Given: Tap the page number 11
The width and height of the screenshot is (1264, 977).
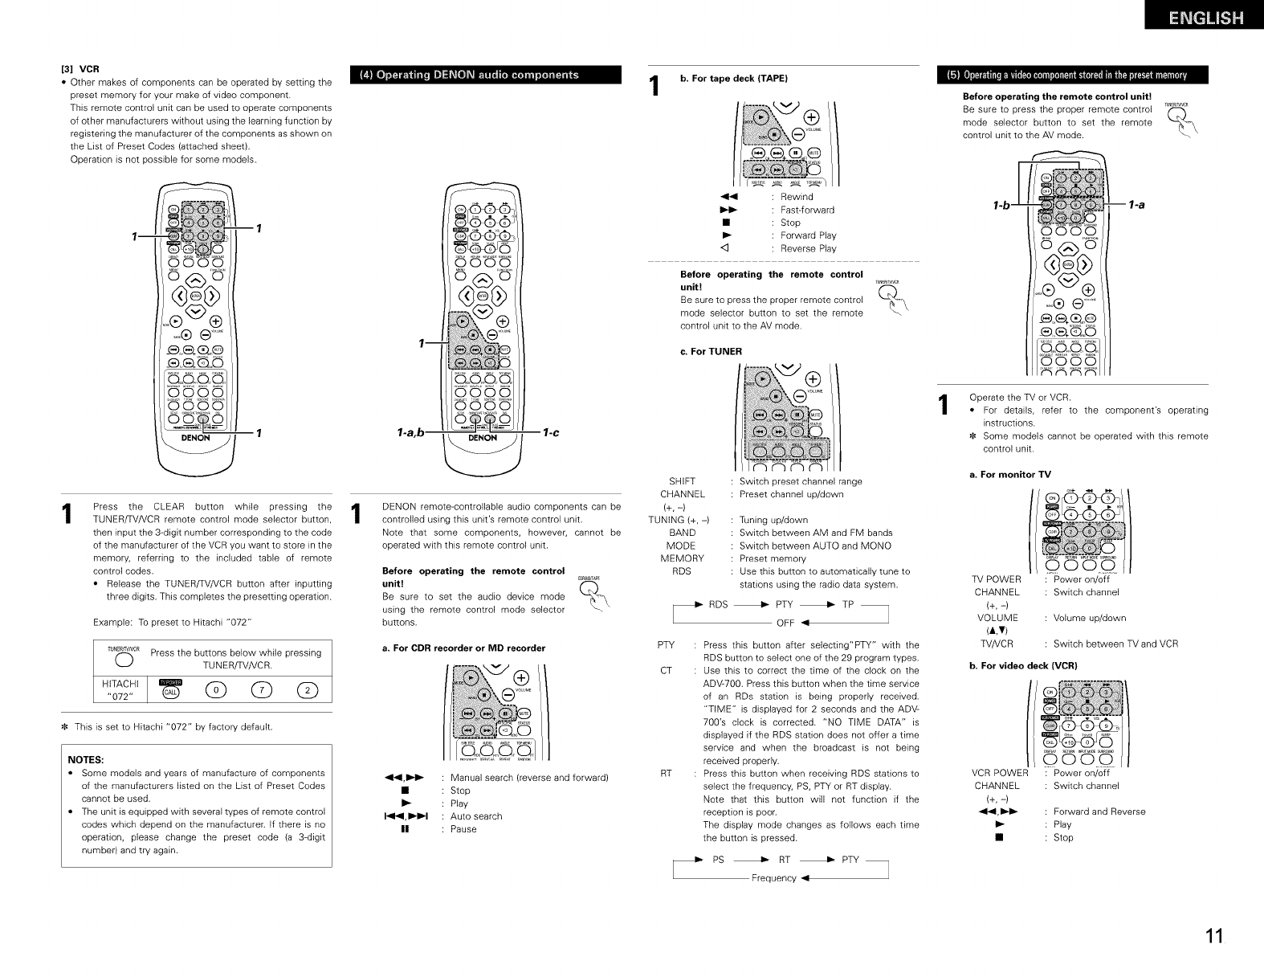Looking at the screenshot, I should coord(1213,937).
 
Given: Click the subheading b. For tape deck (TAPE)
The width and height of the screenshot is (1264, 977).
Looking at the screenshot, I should coord(734,78).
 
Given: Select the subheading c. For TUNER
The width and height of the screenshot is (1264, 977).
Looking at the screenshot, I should coord(711,351).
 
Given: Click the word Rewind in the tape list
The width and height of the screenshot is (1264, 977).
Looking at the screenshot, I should coord(797,197).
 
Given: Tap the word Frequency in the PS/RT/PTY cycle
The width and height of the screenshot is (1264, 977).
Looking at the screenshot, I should coord(773,878).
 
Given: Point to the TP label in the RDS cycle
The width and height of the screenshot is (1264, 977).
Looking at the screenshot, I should coord(848,604).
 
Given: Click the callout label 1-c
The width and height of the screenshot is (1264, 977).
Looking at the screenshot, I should coord(550,434).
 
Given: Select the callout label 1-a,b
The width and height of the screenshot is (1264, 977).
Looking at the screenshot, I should coord(411,434).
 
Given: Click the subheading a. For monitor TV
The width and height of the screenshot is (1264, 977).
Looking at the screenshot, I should coord(1010,475).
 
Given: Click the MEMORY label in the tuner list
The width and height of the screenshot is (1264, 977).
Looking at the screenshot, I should coord(682,558).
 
